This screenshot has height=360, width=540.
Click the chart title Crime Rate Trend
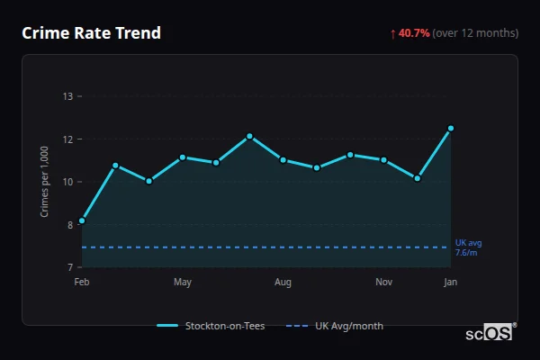pos(91,33)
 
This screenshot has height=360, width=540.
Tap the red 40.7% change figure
pos(414,33)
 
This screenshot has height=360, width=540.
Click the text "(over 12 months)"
pos(475,33)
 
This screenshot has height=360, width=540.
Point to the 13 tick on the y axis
pos(67,96)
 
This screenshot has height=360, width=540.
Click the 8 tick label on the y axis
pos(69,225)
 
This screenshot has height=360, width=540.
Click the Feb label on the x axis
pos(82,283)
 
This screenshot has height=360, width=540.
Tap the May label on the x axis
pos(183,283)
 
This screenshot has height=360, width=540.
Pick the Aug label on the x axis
pos(283,283)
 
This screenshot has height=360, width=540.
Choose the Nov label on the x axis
pos(383,283)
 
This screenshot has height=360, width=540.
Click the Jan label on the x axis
pos(451,283)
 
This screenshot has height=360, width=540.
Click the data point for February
pos(82,220)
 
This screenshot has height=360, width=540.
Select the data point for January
pos(451,129)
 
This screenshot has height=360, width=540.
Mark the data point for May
pos(183,157)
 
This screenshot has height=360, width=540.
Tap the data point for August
pos(283,160)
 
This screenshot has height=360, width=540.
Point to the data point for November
pos(383,160)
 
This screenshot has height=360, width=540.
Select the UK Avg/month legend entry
pos(335,326)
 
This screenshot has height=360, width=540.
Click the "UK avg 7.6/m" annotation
pos(468,247)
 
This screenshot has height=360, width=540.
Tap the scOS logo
pos(489,332)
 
